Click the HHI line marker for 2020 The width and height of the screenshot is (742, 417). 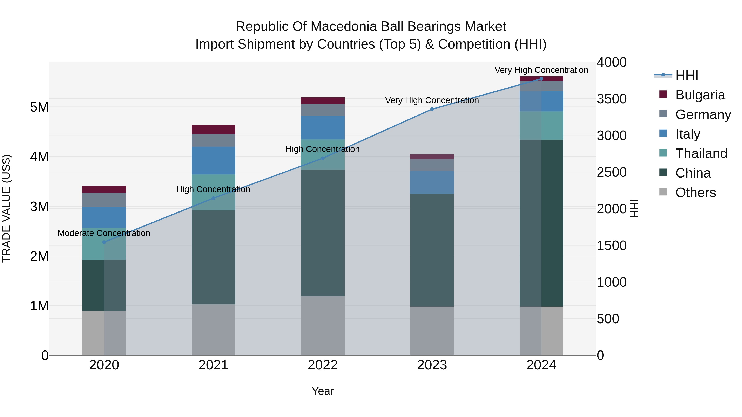[x=104, y=242]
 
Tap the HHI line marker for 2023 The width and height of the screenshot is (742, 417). [x=432, y=109]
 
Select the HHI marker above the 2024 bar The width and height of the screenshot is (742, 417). [x=541, y=79]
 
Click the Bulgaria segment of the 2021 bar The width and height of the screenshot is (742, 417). [x=214, y=130]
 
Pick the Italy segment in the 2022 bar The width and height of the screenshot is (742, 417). [x=323, y=128]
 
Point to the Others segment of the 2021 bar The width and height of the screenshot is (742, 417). [x=214, y=329]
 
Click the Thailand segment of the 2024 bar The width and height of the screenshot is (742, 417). [x=541, y=125]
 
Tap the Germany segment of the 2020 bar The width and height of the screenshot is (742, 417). [x=104, y=200]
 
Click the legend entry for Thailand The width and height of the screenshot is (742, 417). [x=701, y=153]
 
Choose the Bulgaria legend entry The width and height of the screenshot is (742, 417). [x=700, y=95]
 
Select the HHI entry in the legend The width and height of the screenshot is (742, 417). [x=687, y=75]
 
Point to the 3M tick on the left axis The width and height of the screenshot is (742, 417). [x=39, y=207]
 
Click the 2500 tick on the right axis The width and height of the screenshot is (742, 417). [x=612, y=172]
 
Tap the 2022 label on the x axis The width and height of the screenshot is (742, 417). [x=323, y=365]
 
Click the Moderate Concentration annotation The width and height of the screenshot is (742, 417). [x=104, y=233]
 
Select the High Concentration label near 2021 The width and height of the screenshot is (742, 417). [x=213, y=189]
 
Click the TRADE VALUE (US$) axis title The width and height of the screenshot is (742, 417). [x=6, y=208]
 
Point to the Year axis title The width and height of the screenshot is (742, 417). [x=323, y=391]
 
